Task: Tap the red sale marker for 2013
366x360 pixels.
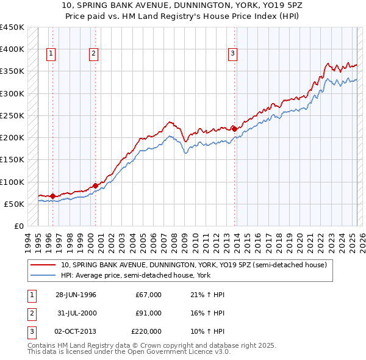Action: point(235,129)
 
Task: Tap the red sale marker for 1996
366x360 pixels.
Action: point(52,196)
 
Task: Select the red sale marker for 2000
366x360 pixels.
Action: point(96,185)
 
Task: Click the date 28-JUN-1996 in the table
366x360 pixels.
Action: point(76,295)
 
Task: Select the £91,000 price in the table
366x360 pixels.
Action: point(148,313)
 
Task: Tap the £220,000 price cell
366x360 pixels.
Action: point(146,331)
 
